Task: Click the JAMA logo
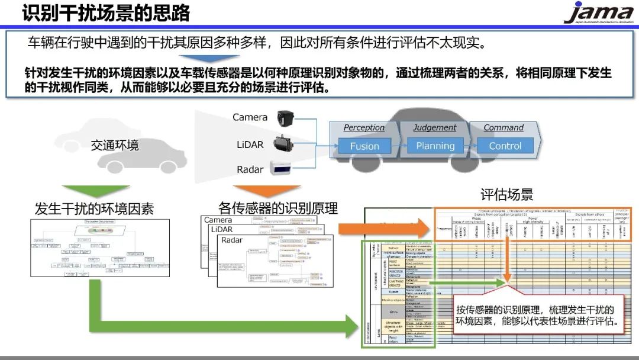(x=598, y=13)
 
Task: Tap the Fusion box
(x=364, y=146)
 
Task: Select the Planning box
(x=435, y=146)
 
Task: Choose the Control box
(x=505, y=146)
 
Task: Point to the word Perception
(x=364, y=127)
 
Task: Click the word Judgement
(x=435, y=127)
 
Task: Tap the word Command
(x=504, y=127)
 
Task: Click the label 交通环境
(x=115, y=145)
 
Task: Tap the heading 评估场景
(x=506, y=194)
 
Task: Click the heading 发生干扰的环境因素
(x=95, y=208)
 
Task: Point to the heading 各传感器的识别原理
(x=278, y=208)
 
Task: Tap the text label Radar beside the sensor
(x=250, y=169)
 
